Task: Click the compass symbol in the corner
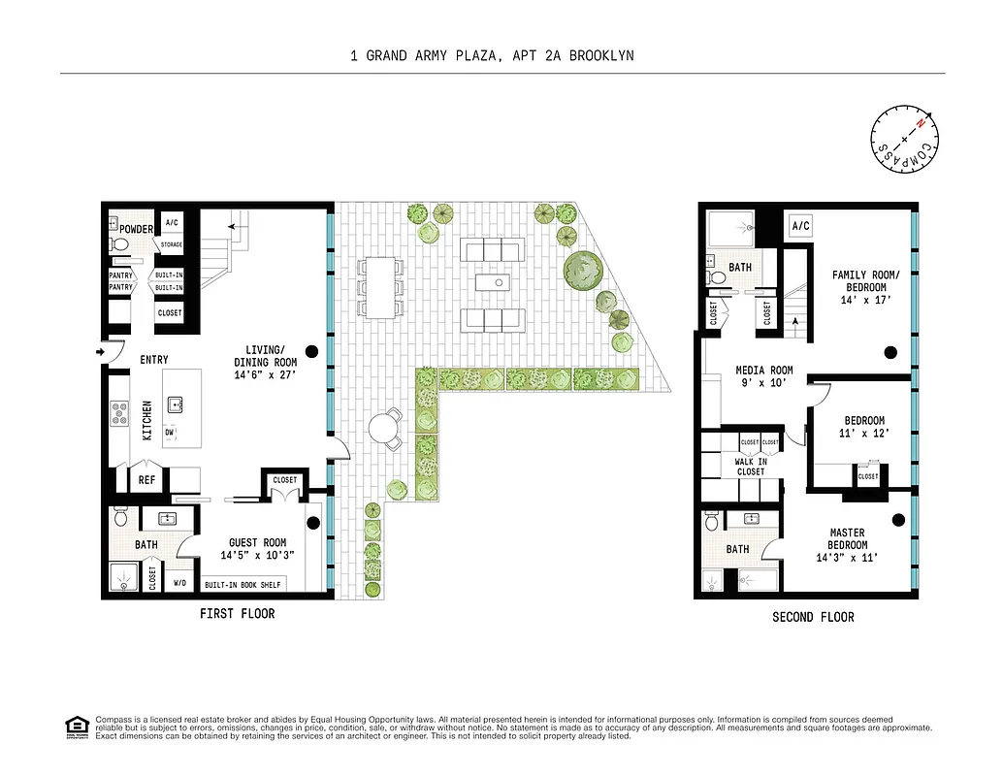(x=905, y=143)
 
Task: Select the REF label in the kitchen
(x=146, y=479)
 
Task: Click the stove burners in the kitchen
(x=120, y=413)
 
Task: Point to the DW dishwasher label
(x=171, y=434)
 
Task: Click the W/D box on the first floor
(x=179, y=583)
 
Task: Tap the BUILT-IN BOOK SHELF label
(x=242, y=586)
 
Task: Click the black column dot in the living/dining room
(x=312, y=350)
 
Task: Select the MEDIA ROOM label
(x=764, y=370)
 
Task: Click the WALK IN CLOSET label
(x=750, y=467)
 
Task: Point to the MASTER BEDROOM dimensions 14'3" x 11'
(x=847, y=558)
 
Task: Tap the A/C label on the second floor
(x=801, y=226)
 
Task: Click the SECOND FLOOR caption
(x=813, y=617)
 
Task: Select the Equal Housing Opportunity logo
(x=75, y=726)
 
